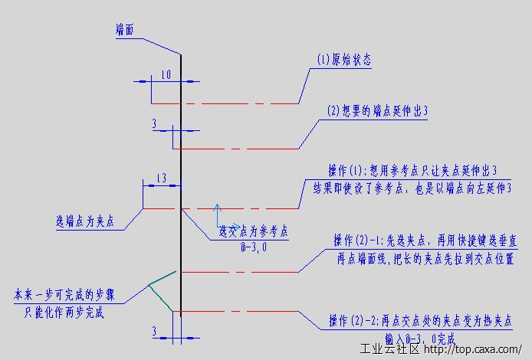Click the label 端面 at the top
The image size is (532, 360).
click(x=125, y=29)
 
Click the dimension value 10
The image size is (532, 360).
click(x=166, y=75)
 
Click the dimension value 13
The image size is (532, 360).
click(x=160, y=178)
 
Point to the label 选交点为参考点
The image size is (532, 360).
click(x=254, y=230)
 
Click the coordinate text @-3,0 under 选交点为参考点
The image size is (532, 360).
click(x=253, y=248)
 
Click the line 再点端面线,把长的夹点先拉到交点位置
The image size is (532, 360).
click(x=425, y=258)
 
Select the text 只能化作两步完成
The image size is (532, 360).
click(x=64, y=313)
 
